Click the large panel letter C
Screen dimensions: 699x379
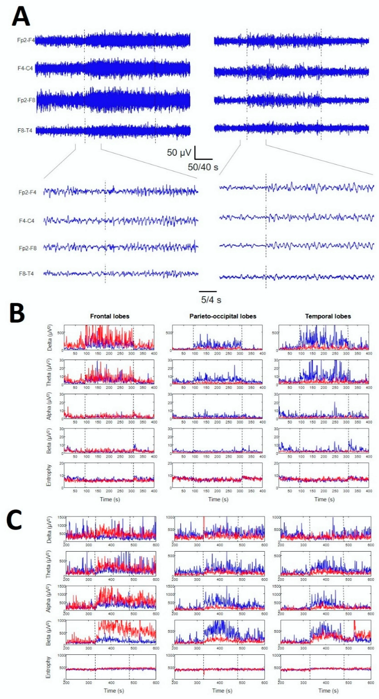[14, 521]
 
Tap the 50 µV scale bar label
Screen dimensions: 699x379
[179, 153]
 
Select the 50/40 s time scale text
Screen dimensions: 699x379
[203, 167]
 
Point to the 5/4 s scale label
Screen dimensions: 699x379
[211, 300]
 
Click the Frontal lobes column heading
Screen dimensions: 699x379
[110, 316]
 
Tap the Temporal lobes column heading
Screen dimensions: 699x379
[328, 316]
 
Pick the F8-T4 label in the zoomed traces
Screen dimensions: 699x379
[26, 274]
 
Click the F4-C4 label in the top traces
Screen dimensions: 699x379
[25, 68]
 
